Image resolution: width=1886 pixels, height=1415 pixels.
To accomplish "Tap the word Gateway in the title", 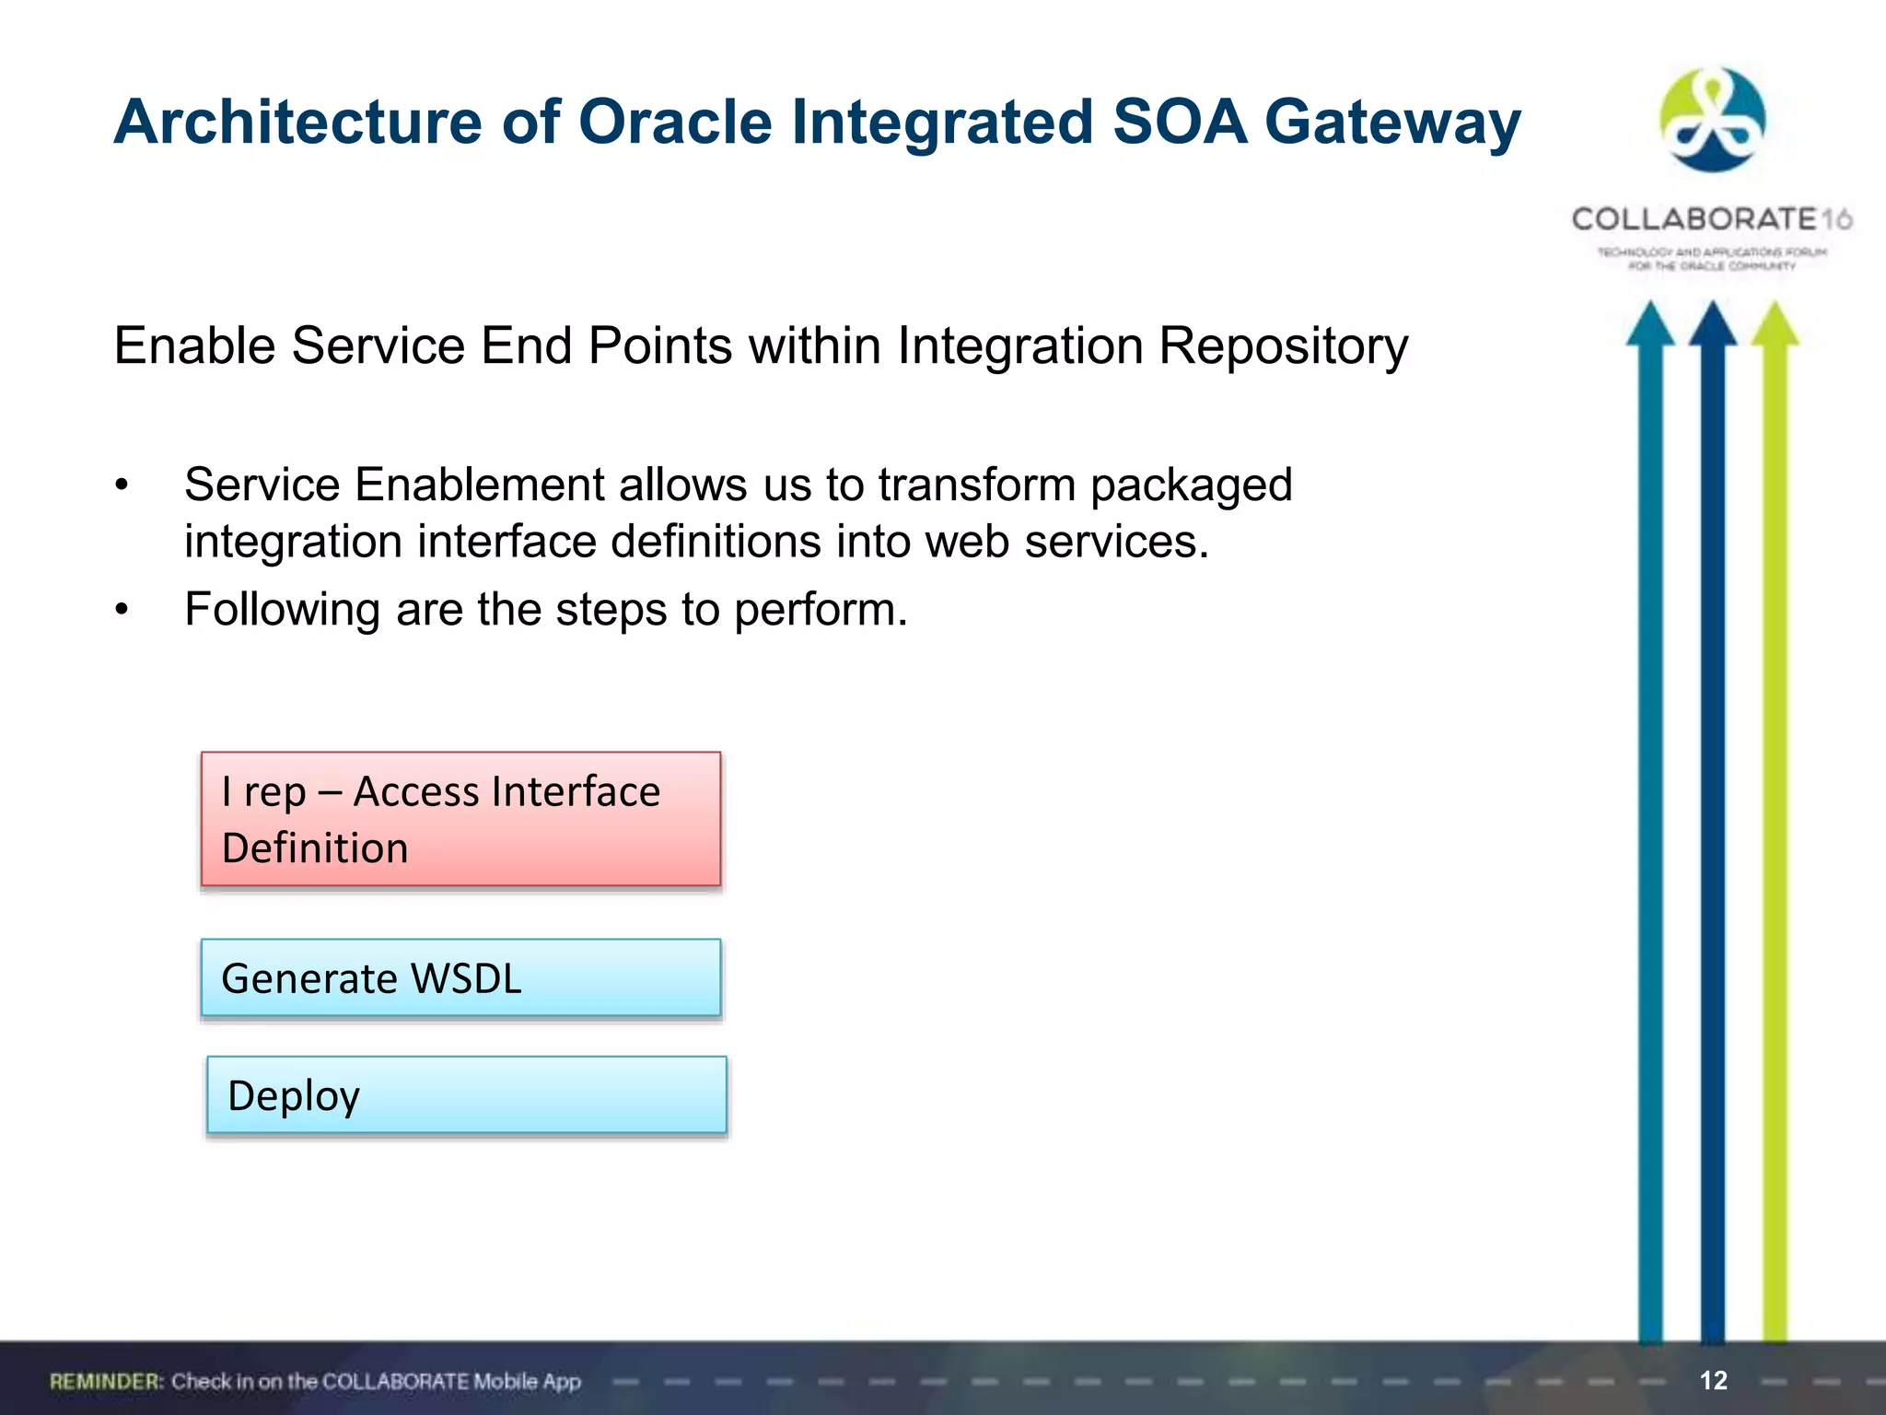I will tap(1392, 123).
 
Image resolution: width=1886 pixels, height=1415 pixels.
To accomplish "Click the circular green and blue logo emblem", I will tap(1712, 120).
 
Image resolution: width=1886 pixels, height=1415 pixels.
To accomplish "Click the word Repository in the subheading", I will tap(1283, 346).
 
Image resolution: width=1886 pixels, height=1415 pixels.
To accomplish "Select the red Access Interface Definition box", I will tap(460, 819).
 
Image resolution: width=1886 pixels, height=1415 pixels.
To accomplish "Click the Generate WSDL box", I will tap(460, 977).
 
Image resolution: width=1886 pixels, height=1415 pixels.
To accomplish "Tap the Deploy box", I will tap(466, 1094).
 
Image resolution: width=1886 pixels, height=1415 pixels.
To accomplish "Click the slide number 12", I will tap(1713, 1380).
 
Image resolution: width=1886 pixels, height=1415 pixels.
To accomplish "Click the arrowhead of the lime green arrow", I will tap(1775, 324).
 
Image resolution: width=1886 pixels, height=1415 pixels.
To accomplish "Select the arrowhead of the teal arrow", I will tap(1649, 324).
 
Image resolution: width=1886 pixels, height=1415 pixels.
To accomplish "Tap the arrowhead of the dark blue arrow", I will tap(1712, 324).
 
